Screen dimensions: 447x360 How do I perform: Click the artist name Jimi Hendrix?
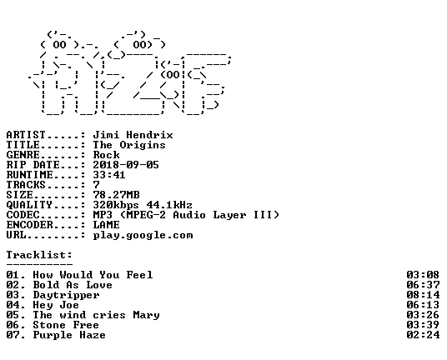133,135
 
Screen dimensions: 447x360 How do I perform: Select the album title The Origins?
129,145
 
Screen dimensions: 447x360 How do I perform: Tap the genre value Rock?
107,155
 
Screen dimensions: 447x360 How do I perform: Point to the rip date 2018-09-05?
126,165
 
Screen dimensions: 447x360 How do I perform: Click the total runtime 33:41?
109,175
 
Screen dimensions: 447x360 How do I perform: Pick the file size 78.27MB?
116,195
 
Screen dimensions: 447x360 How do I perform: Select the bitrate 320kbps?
116,205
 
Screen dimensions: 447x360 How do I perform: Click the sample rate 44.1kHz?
169,205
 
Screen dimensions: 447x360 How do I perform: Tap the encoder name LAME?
107,225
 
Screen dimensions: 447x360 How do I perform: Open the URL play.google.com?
143,236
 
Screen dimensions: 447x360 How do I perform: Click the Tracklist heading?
39,255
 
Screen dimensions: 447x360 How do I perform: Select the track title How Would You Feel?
93,275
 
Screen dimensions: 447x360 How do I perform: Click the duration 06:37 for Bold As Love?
423,285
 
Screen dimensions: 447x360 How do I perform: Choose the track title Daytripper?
66,295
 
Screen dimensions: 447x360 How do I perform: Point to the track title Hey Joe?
56,305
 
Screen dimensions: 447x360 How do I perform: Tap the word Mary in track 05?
146,315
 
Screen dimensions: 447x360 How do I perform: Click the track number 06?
13,325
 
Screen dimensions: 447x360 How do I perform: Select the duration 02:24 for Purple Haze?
423,335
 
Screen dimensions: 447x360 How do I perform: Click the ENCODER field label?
30,225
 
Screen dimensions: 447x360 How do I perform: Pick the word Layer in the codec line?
230,215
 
